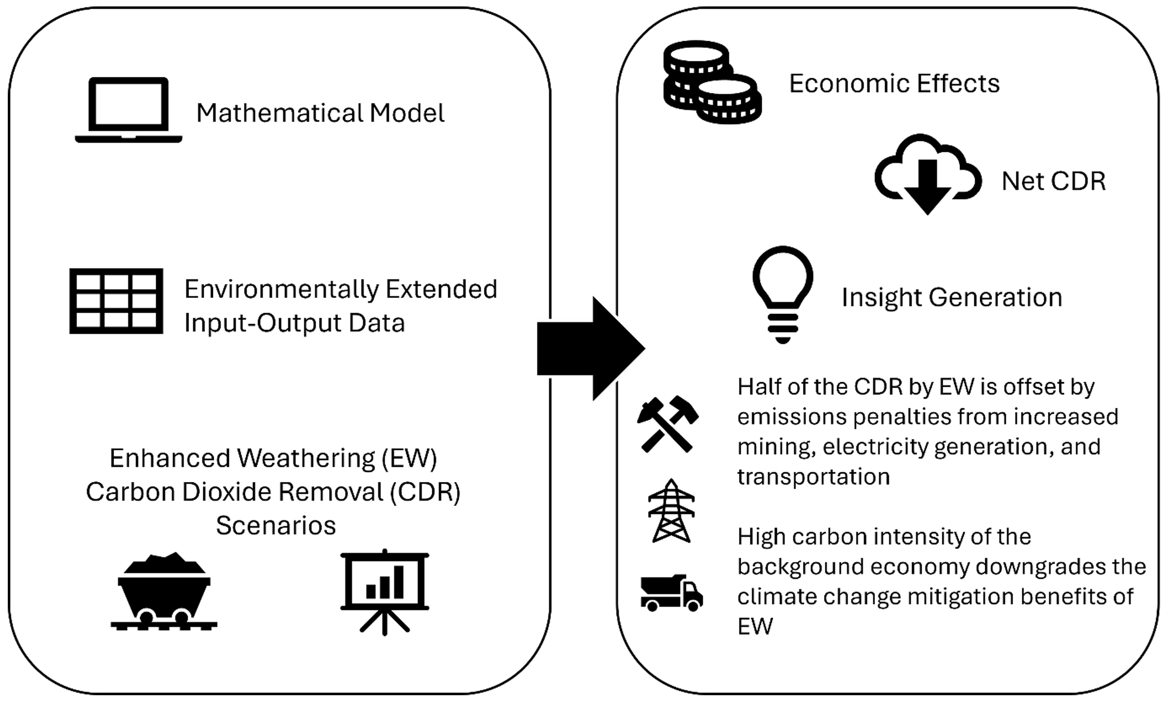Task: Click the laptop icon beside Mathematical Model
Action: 128,110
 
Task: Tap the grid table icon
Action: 116,301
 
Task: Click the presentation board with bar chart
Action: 385,592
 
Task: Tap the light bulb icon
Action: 782,294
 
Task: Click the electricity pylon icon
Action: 671,512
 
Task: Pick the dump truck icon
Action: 671,593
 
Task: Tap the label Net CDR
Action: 1053,181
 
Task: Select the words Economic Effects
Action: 894,84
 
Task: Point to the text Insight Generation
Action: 952,297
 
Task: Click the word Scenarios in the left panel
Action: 276,525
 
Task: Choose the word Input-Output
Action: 263,323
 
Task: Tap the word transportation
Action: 814,476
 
